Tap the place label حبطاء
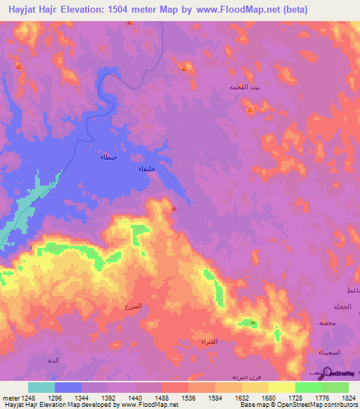point(108,157)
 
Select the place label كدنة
point(52,360)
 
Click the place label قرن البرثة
point(246,377)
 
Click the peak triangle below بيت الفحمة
point(250,110)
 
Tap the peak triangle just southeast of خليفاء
point(174,208)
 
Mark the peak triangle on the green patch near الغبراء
point(253,323)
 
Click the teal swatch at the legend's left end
point(41,387)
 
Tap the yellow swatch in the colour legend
point(281,387)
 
